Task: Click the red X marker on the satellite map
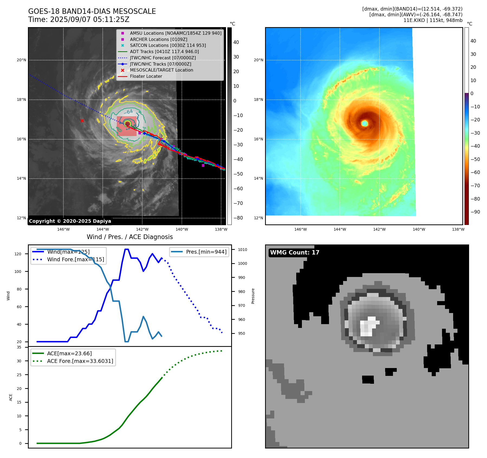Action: point(82,121)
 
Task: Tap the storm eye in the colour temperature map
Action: point(365,124)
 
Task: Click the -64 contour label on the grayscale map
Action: point(128,112)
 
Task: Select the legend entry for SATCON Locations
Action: point(168,46)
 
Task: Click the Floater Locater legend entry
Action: point(146,76)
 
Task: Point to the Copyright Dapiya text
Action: point(70,221)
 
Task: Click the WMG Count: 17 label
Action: point(295,253)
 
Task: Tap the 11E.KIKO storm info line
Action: point(433,20)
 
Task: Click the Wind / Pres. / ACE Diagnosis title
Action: point(130,237)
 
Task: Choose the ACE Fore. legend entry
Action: point(80,361)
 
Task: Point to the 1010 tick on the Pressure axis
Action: point(243,250)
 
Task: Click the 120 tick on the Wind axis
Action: point(18,254)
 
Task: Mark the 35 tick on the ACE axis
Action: point(19,347)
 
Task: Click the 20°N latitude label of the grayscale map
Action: point(21,60)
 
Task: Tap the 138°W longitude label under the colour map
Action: point(458,229)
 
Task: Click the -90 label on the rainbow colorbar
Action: point(475,212)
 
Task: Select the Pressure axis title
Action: point(253,296)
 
